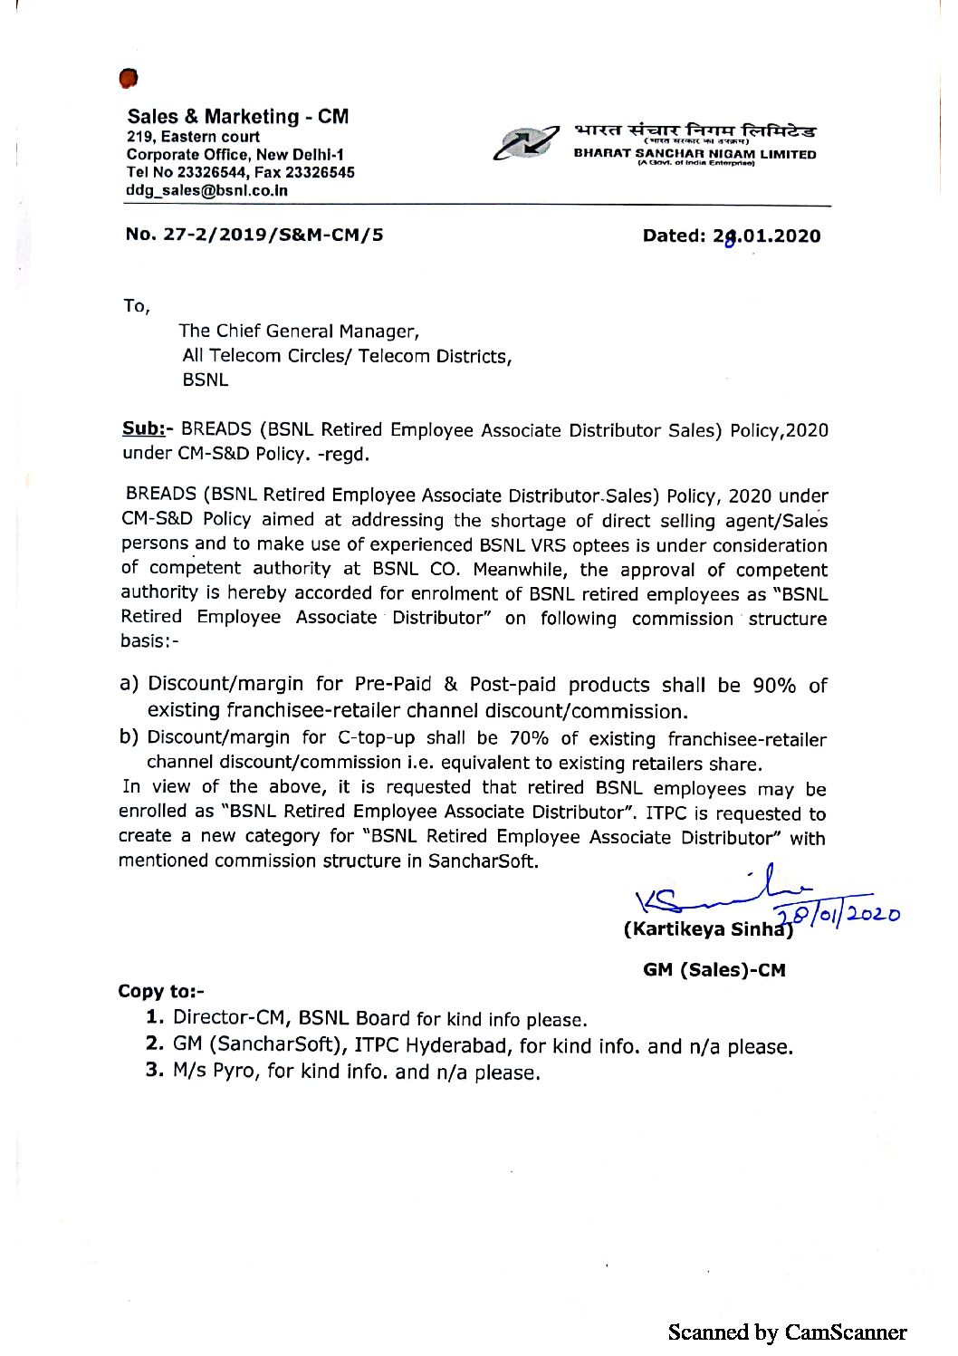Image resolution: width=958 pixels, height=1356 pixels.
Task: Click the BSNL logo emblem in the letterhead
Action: click(x=524, y=143)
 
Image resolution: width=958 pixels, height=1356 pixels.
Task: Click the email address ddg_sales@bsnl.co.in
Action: click(x=207, y=191)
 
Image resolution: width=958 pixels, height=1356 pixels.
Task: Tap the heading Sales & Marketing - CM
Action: click(x=237, y=117)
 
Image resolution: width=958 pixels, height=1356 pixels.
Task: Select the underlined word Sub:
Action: click(x=143, y=429)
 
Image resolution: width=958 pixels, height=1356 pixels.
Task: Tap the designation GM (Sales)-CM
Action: click(x=714, y=970)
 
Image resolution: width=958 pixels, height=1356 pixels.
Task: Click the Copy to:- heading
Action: click(x=161, y=991)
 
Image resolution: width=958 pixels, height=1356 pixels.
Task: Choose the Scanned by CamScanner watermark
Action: click(x=786, y=1332)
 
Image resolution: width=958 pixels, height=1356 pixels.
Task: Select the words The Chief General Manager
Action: click(x=299, y=332)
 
